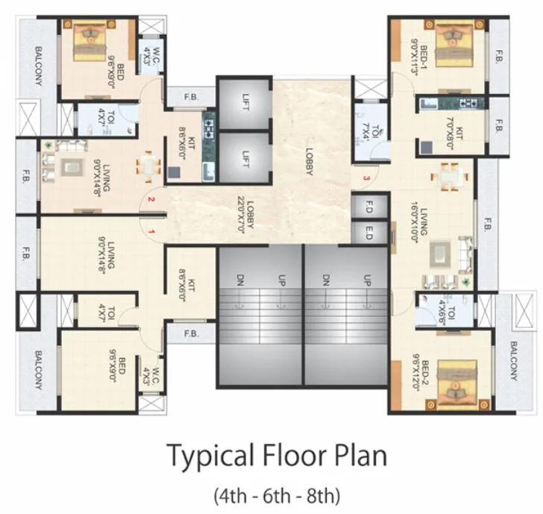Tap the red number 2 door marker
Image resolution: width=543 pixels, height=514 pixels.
click(151, 199)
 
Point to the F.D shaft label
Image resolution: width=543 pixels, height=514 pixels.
click(368, 210)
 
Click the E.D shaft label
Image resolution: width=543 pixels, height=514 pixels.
click(368, 231)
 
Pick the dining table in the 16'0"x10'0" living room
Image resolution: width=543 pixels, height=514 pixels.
click(449, 177)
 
